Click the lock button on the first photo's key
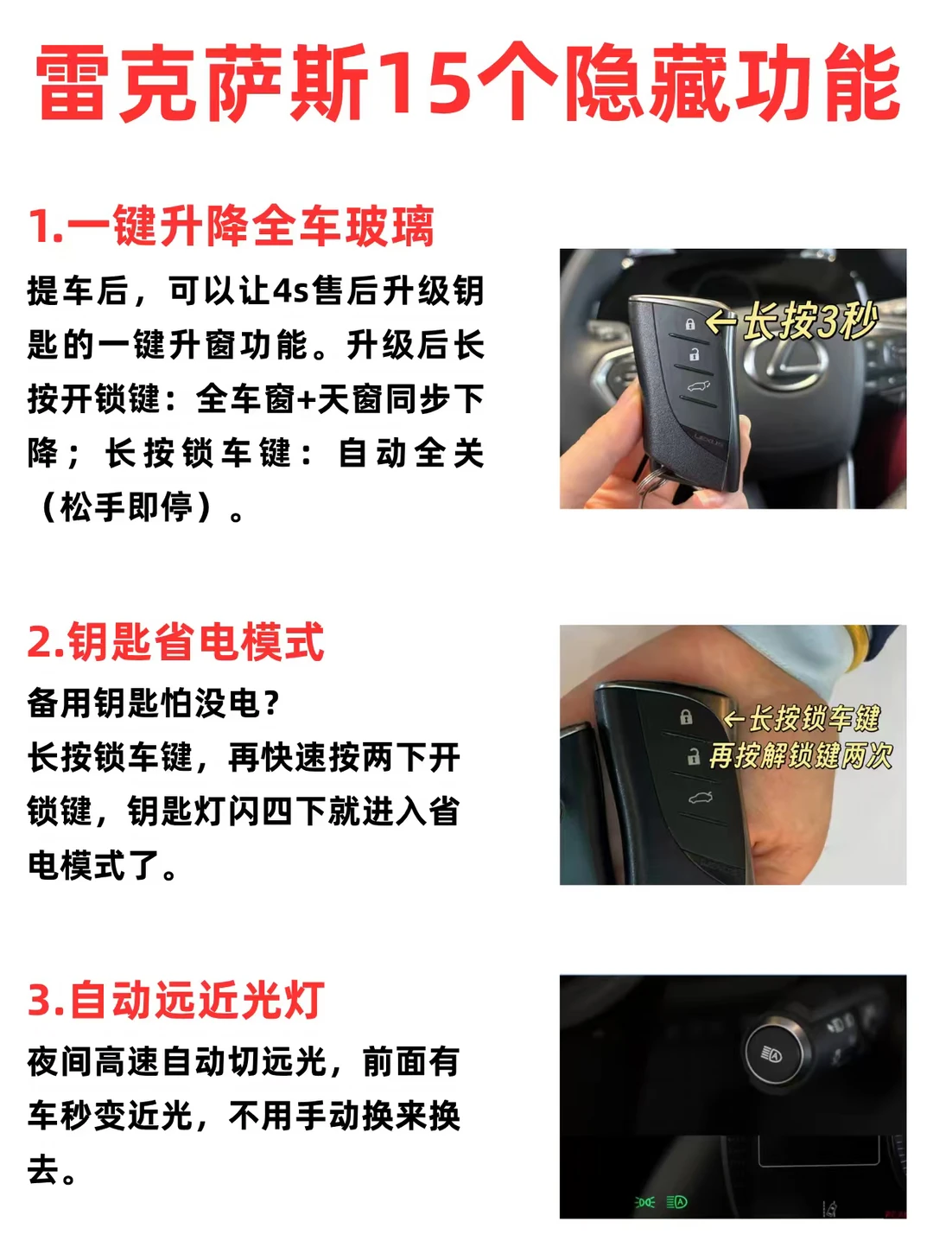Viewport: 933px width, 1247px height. coord(689,324)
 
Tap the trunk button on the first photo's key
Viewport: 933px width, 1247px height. coord(698,387)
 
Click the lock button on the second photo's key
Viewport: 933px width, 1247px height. coord(686,717)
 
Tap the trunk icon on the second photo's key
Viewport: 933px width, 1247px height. coord(700,798)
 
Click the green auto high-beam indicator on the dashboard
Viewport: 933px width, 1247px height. coord(676,1202)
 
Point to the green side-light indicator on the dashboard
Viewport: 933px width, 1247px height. coord(644,1202)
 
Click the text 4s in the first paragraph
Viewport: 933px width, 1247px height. coord(291,291)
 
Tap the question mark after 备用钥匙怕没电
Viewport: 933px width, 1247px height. coord(271,703)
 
